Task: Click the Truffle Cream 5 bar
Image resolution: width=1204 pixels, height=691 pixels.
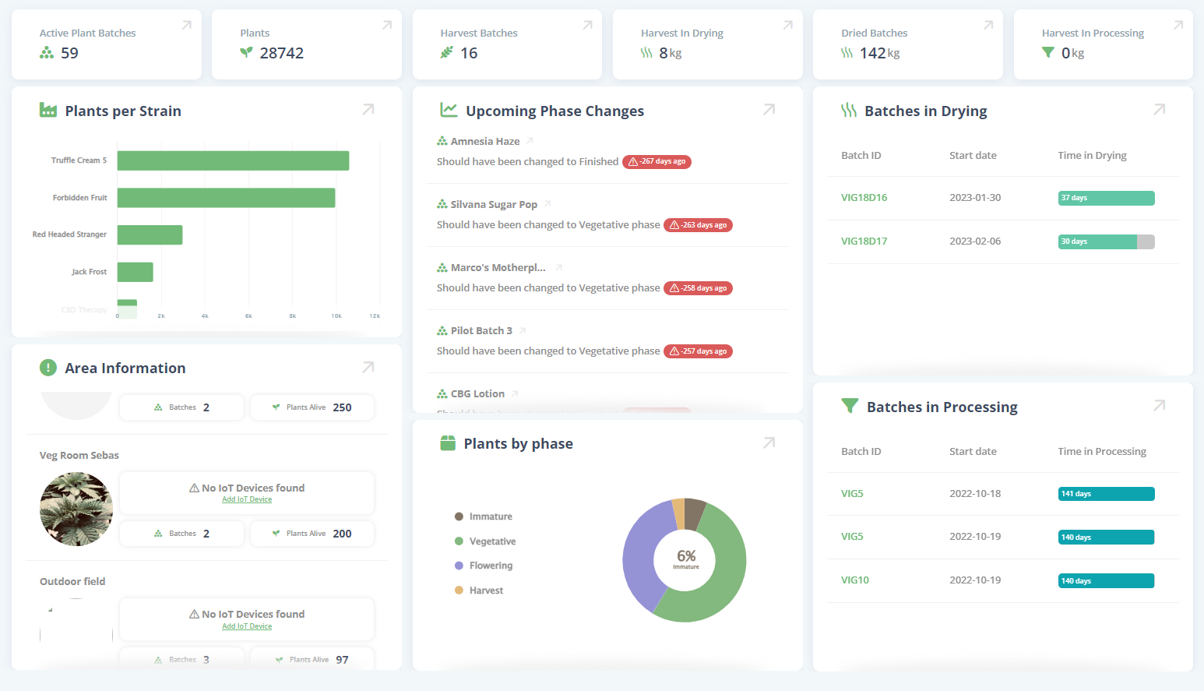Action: pos(233,160)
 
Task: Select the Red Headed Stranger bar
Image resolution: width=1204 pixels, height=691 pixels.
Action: pos(150,234)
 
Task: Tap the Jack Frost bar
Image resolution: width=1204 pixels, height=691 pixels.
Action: pos(135,272)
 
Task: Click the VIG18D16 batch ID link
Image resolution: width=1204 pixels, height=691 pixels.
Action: pos(864,198)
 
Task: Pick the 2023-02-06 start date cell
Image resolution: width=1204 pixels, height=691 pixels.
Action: pos(975,241)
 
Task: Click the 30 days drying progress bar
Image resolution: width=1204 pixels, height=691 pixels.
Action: pos(1106,241)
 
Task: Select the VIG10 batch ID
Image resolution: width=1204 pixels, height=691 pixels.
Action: pos(854,580)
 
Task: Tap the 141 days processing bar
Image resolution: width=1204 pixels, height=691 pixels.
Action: pos(1106,494)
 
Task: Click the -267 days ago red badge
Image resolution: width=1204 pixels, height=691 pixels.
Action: pos(657,162)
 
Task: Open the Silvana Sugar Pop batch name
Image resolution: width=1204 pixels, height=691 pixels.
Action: pos(494,205)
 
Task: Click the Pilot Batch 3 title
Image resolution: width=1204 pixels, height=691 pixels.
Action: pos(481,331)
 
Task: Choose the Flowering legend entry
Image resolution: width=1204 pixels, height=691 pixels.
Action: pos(491,566)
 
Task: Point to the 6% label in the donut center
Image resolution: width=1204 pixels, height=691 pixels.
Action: pos(686,556)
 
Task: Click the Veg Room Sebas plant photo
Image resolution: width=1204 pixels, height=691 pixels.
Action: pos(76,509)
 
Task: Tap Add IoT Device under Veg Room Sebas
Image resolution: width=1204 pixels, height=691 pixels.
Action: pos(247,499)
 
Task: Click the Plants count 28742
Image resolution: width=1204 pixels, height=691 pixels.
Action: pos(281,53)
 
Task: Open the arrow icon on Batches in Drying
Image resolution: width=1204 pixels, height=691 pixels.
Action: pos(1159,110)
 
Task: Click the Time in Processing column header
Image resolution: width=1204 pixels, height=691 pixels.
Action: pos(1101,452)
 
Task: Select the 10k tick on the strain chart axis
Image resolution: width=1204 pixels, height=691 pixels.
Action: pos(336,316)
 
